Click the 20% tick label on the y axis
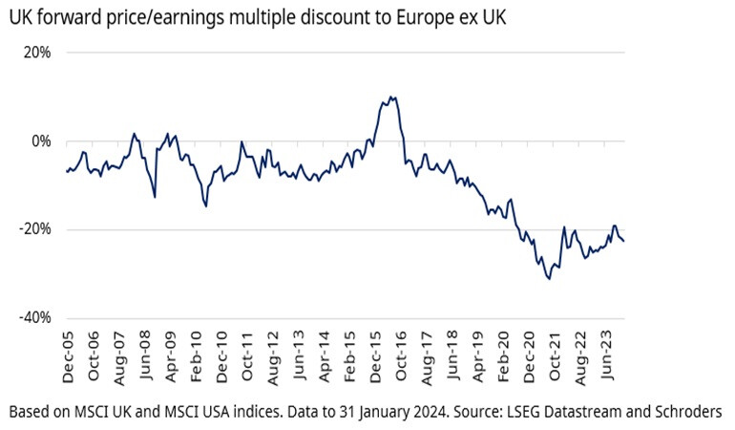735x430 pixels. tap(36, 53)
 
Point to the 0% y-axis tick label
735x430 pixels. tap(40, 141)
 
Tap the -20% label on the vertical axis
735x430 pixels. tap(34, 229)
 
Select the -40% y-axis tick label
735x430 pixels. tap(34, 318)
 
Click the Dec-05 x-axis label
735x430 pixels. tap(68, 360)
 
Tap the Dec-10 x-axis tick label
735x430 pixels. tap(222, 360)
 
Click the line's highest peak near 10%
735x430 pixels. tap(391, 97)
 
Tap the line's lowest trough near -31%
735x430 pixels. tap(549, 278)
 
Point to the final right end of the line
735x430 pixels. tap(624, 241)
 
